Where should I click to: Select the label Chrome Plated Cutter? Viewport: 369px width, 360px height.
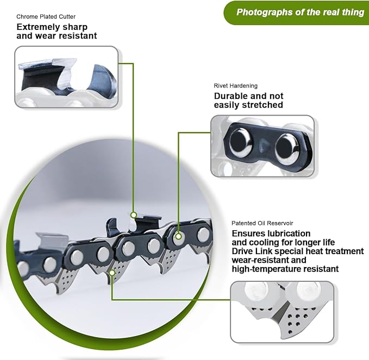point(46,16)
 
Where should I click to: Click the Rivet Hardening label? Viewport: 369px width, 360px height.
point(235,85)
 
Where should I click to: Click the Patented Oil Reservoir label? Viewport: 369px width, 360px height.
point(264,223)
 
